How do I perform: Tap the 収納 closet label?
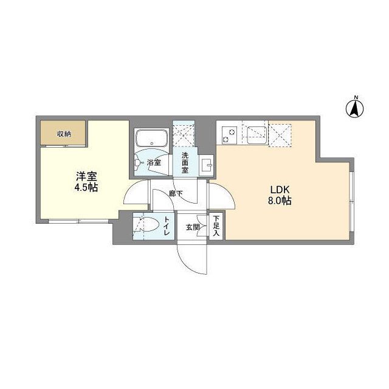64,134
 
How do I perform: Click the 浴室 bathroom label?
153,163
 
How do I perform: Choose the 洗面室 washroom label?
184,163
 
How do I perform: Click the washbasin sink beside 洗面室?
205,165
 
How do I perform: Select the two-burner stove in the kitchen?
229,134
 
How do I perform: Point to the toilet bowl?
146,226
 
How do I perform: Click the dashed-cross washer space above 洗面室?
184,136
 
